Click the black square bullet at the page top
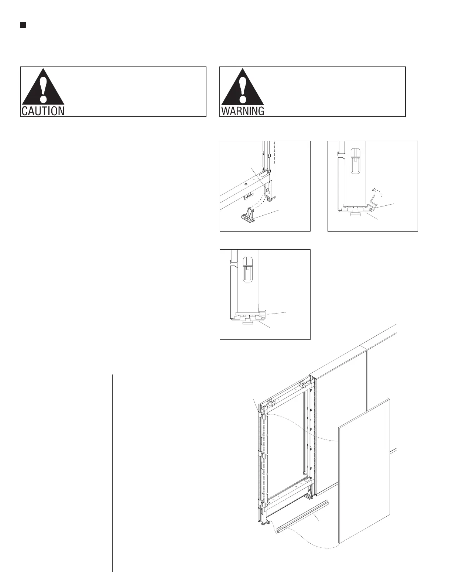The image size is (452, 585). tap(23, 25)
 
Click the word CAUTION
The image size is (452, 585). tap(43, 111)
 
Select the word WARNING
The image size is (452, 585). tap(243, 111)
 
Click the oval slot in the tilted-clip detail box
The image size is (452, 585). tap(355, 160)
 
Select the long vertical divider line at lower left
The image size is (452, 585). tap(112, 473)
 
